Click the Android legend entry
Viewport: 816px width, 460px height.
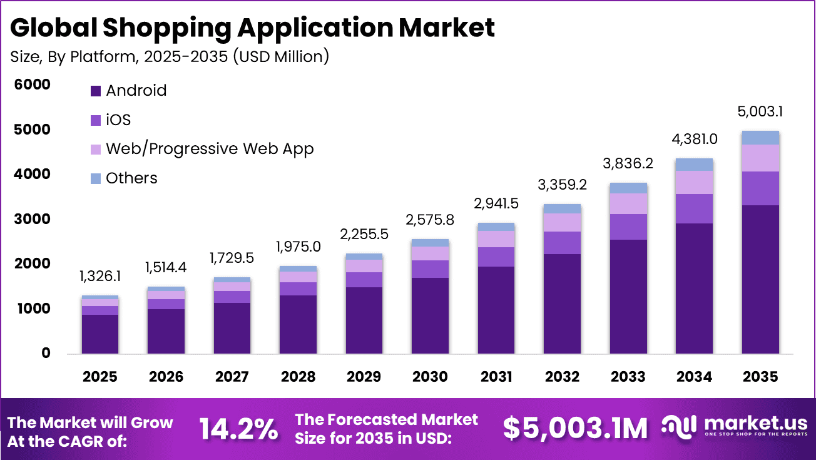click(129, 91)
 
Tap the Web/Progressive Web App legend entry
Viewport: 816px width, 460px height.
click(201, 149)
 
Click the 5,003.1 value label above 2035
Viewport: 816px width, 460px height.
click(760, 112)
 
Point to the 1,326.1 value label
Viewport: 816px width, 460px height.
click(100, 276)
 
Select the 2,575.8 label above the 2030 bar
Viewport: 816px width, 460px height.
click(431, 220)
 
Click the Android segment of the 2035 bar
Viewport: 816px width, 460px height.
click(760, 279)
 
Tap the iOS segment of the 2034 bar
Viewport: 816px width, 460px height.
click(695, 208)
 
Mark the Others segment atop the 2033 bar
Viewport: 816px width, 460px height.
click(628, 188)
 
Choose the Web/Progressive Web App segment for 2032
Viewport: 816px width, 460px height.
click(563, 222)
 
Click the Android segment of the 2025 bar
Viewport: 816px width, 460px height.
click(100, 334)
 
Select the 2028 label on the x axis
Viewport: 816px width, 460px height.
click(298, 377)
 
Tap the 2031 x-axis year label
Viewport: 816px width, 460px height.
click(496, 377)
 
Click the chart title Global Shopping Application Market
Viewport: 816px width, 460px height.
click(252, 28)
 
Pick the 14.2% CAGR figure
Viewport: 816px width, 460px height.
click(238, 429)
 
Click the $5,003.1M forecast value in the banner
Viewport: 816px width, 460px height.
click(575, 429)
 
